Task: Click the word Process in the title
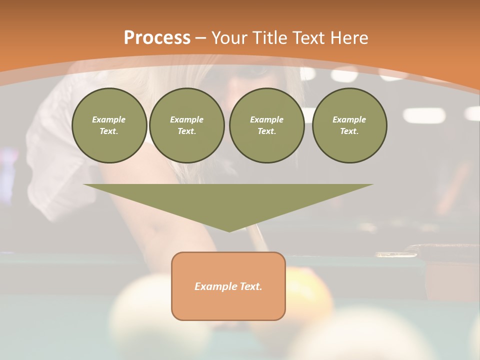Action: coord(157,38)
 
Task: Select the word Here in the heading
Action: coord(349,38)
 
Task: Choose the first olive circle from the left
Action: coord(109,125)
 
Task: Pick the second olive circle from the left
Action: coord(187,125)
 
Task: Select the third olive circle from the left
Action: coord(266,125)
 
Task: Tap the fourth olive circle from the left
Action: coord(349,125)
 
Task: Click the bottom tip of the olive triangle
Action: coord(229,231)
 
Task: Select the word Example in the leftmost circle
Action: coord(109,119)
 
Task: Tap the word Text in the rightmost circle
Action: coord(349,131)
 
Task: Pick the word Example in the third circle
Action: coord(266,119)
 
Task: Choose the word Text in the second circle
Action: coord(187,131)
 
